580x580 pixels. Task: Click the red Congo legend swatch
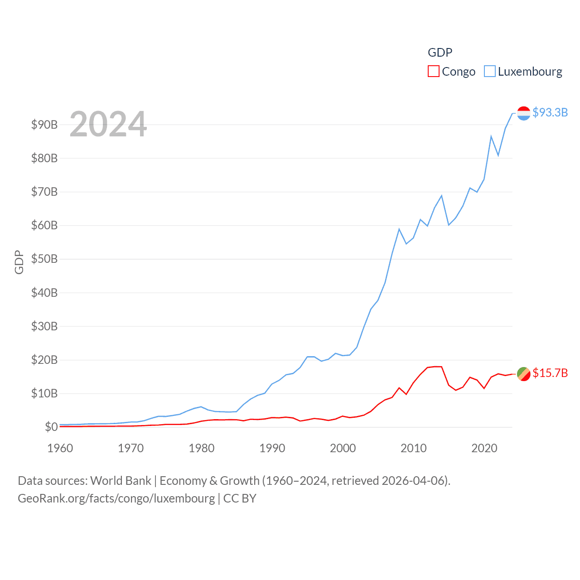click(x=434, y=72)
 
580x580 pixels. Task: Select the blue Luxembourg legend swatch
click(x=490, y=72)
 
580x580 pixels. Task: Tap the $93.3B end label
click(x=550, y=112)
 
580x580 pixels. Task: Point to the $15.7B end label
click(x=550, y=373)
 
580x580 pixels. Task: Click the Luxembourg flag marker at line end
click(x=524, y=113)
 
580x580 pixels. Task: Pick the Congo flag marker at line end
click(x=524, y=374)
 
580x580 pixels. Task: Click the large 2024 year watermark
click(x=108, y=124)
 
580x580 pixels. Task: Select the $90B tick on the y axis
click(x=44, y=125)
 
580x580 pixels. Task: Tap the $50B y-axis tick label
click(x=44, y=259)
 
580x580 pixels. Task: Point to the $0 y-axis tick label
click(x=51, y=427)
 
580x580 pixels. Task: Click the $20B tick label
click(x=44, y=360)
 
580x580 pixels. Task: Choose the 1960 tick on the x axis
click(x=60, y=448)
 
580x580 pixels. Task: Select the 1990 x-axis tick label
click(x=272, y=448)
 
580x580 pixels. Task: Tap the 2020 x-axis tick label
click(x=484, y=448)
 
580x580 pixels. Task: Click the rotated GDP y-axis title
click(x=19, y=262)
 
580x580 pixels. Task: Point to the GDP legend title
click(x=440, y=53)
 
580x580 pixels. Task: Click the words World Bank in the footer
click(x=121, y=480)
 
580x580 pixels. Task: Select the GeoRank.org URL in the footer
click(x=116, y=498)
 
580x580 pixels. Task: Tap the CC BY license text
click(x=240, y=498)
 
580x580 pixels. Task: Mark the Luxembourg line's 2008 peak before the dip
click(x=399, y=229)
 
